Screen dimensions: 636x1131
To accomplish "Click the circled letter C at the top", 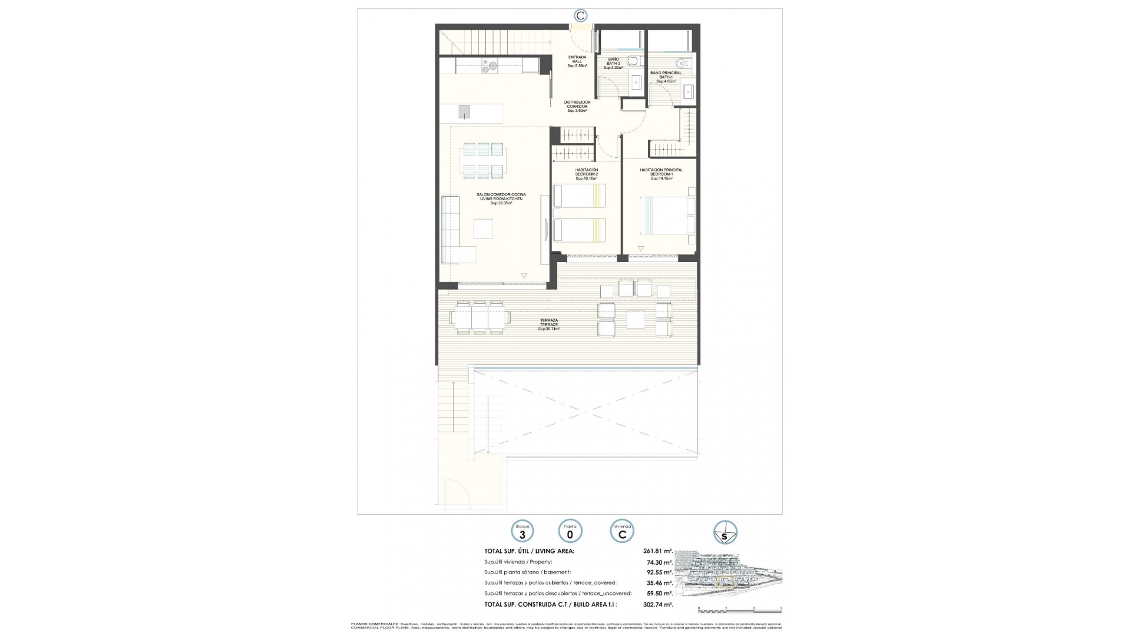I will pos(581,16).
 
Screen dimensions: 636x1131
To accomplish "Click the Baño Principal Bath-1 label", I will pos(666,77).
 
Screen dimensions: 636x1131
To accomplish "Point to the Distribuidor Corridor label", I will pos(577,106).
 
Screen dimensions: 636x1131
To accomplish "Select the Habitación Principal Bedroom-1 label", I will pos(662,174).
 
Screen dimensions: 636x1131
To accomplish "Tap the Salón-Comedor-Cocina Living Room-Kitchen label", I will pos(502,198).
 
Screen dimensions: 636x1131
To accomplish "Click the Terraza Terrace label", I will pos(549,324).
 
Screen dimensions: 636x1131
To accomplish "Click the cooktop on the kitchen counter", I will pos(78,65).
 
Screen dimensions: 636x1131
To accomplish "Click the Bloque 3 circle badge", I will pos(522,532).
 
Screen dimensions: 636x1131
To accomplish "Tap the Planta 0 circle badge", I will pos(570,532).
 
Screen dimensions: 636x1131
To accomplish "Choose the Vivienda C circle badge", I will pos(622,532).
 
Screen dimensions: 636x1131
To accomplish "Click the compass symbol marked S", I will pos(725,532).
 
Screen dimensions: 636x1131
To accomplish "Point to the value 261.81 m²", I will pos(657,551).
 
